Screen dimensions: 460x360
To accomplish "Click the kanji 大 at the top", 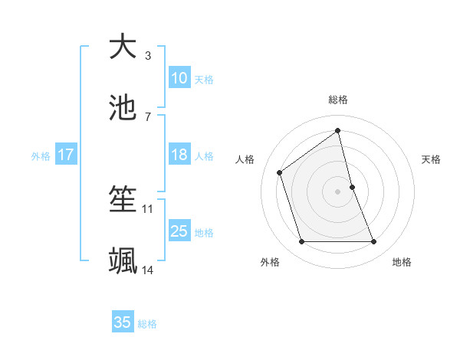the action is (123, 47).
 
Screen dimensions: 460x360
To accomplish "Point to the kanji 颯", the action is (123, 261).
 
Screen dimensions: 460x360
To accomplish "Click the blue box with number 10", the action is (179, 77).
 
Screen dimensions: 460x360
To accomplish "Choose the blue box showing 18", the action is (179, 154).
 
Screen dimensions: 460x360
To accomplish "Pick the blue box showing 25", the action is (179, 231).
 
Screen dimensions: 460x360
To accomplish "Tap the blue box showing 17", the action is (65, 154).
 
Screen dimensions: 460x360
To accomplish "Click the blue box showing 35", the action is (123, 322).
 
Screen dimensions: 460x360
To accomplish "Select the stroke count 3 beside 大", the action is (148, 55).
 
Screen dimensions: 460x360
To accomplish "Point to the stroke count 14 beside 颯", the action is (148, 270).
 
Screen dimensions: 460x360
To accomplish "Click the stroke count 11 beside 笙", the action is (148, 208).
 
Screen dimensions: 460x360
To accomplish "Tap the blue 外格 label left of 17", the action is (41, 155).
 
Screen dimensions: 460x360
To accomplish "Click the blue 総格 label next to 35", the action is (147, 324).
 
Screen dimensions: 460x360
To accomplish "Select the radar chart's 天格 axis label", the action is (432, 159).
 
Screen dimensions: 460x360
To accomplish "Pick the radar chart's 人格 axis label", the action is (245, 159).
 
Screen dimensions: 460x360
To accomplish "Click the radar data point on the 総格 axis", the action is (338, 131).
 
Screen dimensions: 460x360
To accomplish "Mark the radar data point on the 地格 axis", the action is (374, 242).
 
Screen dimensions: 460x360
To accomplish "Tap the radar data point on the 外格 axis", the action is (301, 242).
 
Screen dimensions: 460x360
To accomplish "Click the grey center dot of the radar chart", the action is (338, 191).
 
